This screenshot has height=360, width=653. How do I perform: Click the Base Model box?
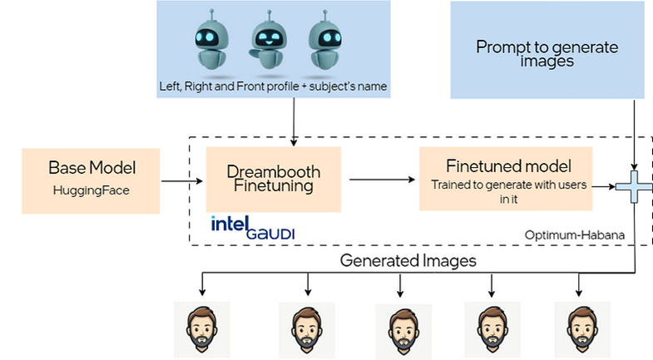point(92,180)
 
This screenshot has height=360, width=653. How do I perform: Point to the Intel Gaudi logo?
point(253,227)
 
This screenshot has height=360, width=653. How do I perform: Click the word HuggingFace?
point(92,190)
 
